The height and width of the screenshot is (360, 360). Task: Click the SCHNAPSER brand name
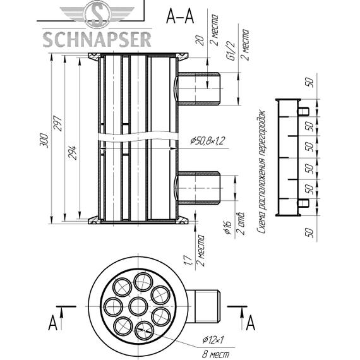pos(97,39)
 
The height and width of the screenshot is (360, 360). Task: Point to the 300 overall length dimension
pos(44,140)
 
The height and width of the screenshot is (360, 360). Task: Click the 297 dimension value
pos(58,124)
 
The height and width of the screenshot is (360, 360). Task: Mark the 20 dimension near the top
pos(200,41)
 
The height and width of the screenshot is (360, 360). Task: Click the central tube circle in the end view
pos(138,307)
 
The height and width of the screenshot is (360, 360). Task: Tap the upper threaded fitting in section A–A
pos(198,88)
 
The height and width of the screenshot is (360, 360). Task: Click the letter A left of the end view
pos(52,324)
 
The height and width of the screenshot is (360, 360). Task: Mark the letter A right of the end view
pos(250,324)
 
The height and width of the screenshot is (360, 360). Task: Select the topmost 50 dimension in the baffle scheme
pos(309,82)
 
